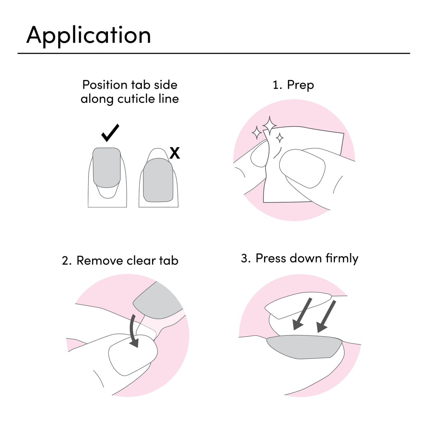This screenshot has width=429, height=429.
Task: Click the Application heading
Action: (89, 35)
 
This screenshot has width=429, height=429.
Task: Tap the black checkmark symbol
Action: (110, 133)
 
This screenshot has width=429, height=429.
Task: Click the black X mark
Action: (175, 154)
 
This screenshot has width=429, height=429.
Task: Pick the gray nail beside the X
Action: (158, 180)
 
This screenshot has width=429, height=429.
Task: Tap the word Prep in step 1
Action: (300, 85)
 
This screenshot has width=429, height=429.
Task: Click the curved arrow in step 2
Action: (133, 331)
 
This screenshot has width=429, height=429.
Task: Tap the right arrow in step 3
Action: (326, 316)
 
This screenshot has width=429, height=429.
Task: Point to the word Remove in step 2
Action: (100, 261)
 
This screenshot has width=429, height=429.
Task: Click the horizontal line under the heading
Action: (214, 53)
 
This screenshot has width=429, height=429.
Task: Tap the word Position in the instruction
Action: (105, 85)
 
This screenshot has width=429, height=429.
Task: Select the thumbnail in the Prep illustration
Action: (303, 169)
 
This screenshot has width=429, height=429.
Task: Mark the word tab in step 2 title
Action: (168, 261)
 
